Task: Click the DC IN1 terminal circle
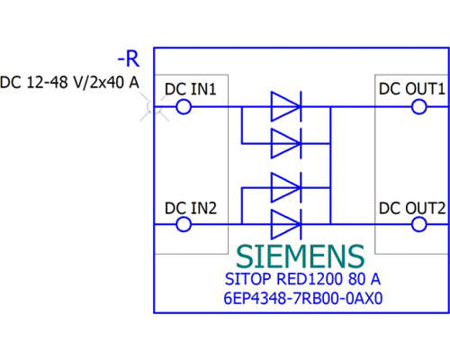(184, 107)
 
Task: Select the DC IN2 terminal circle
(184, 224)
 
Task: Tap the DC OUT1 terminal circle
(418, 107)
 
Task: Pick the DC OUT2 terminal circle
(418, 224)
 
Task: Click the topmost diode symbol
(286, 106)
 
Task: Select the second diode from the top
(286, 143)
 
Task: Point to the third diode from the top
(286, 187)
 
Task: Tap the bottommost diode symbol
(286, 224)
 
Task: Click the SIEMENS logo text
(301, 256)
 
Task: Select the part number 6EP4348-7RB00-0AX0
(303, 299)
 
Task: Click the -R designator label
(129, 58)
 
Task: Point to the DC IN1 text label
(191, 89)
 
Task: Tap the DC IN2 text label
(191, 208)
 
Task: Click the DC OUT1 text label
(411, 89)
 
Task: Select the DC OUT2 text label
(412, 208)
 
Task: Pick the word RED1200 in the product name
(310, 279)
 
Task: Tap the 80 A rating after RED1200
(364, 279)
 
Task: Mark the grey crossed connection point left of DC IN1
(154, 107)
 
